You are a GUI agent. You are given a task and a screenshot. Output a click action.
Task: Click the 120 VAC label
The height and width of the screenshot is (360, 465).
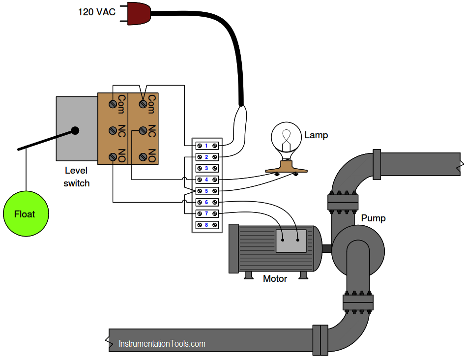tap(97, 11)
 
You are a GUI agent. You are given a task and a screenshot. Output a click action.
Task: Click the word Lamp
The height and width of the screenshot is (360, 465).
tap(316, 135)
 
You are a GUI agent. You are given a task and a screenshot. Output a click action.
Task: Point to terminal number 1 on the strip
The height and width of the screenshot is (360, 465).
tap(206, 146)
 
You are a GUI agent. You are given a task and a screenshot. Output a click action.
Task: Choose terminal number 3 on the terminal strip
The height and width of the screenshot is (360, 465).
tap(206, 168)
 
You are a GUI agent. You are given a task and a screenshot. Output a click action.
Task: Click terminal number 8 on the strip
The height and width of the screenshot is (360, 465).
tap(206, 225)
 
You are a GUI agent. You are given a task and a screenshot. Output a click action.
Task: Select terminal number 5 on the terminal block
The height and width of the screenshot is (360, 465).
tap(206, 191)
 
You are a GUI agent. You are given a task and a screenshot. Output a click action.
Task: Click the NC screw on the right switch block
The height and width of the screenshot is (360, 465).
tap(143, 131)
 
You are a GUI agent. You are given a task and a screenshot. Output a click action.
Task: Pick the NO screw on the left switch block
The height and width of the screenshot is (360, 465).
tap(113, 157)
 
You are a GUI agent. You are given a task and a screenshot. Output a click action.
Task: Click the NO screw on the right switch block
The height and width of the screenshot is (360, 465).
tap(143, 157)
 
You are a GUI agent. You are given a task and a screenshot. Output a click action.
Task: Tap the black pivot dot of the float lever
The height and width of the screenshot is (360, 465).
tap(75, 131)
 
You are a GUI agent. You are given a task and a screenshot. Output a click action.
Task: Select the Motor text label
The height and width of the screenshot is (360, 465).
tap(275, 279)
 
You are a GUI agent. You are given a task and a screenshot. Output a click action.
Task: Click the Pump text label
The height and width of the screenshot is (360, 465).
tap(373, 218)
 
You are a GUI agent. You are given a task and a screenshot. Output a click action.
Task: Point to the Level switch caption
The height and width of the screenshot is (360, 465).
tap(76, 177)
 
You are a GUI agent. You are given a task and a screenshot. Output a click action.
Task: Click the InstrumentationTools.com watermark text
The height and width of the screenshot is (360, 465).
tap(162, 344)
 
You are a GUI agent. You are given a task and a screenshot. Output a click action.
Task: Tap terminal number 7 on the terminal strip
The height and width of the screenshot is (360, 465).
tap(206, 213)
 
